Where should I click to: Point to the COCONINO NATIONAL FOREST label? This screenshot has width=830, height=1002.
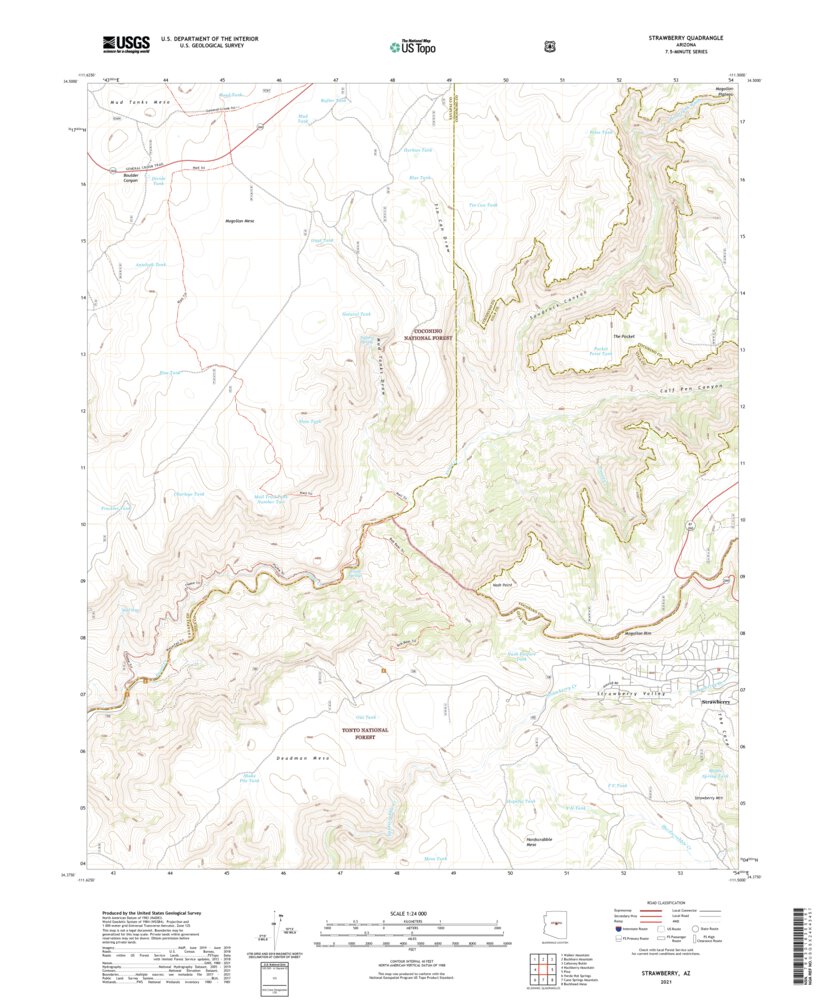pos(433,335)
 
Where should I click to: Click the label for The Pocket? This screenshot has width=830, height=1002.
pos(625,337)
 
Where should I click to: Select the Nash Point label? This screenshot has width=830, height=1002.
pos(502,586)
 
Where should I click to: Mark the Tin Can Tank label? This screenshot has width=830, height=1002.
pos(483,206)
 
